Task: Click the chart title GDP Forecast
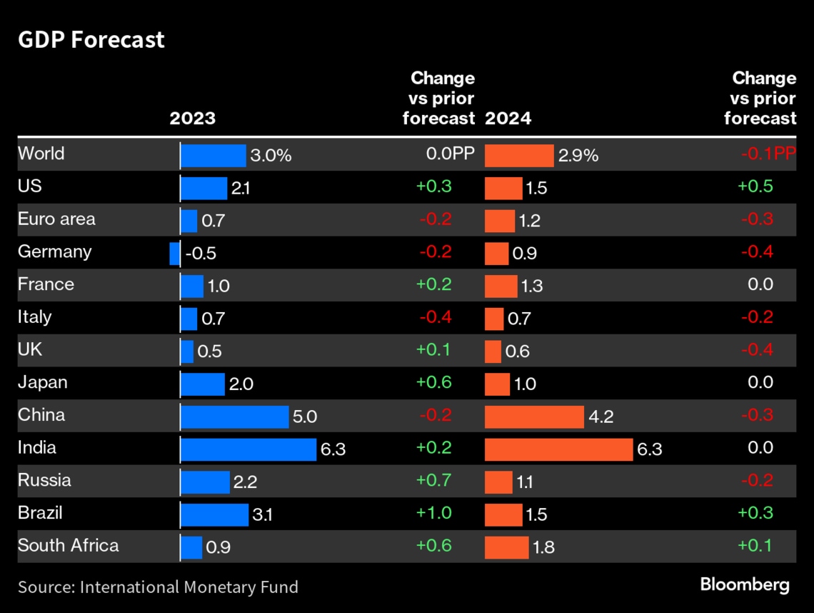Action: coord(91,39)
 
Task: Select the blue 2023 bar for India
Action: coord(248,449)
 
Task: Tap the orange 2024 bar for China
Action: coord(534,417)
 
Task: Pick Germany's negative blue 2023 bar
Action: coord(174,254)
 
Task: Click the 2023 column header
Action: coord(192,118)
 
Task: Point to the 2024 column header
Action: coord(508,118)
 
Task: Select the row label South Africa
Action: coord(69,546)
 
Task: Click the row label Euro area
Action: coord(56,219)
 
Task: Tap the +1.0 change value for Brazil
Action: coord(433,513)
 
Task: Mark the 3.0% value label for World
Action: coord(271,156)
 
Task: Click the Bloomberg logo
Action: coord(745,585)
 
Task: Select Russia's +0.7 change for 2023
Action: coord(433,480)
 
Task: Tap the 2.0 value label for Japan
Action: coord(241,384)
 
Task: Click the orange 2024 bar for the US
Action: coord(503,189)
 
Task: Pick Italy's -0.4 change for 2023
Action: coord(433,317)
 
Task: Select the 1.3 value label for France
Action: coord(531,286)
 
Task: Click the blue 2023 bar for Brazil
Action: coord(214,514)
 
